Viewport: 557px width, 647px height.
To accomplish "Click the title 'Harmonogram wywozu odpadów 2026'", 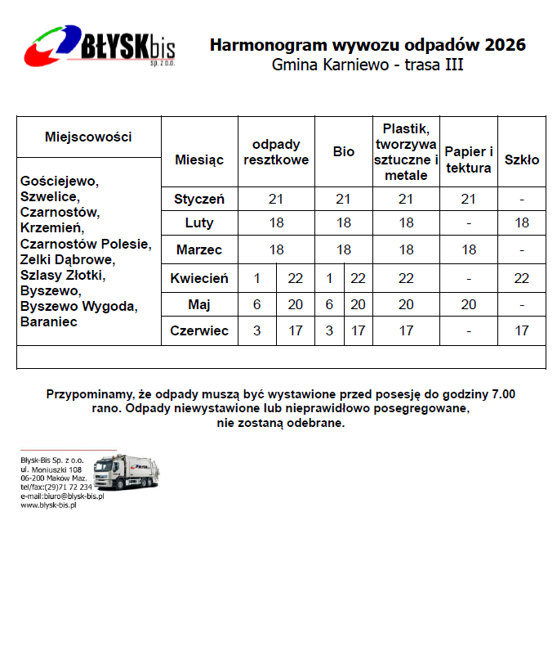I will pos(368,44).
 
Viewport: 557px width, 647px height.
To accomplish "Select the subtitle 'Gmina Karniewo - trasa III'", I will pos(368,65).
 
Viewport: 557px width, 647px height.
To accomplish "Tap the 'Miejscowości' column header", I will pos(88,137).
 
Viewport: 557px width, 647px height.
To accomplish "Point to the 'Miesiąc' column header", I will pos(199,160).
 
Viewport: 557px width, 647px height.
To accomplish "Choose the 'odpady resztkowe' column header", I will pos(276,152).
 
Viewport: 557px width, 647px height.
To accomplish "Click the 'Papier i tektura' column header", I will pos(468,160).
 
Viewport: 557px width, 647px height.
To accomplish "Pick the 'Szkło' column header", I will pos(521,160).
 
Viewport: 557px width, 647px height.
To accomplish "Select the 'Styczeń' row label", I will pos(199,199).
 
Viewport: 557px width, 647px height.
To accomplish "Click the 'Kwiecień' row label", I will pos(199,278).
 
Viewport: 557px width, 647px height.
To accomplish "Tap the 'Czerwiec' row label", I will pos(199,330).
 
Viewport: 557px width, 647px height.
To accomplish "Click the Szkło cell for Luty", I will pos(521,222).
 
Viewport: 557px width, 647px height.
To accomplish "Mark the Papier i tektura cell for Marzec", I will pos(468,249).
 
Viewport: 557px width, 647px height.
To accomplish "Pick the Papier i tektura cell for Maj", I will pos(468,304).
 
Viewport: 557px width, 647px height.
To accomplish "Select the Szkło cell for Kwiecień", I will pos(521,278).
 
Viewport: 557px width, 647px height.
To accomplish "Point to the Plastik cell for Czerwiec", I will pos(406,330).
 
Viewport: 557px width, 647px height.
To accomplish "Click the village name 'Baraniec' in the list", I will pos(48,322).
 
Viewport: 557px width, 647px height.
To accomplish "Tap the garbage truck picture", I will pos(126,473).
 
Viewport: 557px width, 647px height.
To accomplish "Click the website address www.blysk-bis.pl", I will pos(48,505).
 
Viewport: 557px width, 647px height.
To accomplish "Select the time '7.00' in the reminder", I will pos(501,393).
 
